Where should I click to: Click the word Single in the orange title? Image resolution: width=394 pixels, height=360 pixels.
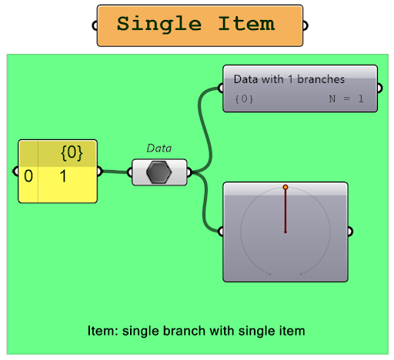(x=159, y=25)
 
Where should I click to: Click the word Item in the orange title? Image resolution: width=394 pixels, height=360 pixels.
(x=246, y=23)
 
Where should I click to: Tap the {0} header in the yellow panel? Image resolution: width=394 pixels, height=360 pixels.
(x=72, y=153)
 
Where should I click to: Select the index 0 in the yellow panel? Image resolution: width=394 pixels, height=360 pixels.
(x=28, y=176)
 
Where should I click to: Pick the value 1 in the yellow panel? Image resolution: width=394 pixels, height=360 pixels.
(x=63, y=176)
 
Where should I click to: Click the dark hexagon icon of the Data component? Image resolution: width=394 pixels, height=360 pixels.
(x=159, y=172)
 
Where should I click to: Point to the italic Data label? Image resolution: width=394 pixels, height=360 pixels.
(x=159, y=148)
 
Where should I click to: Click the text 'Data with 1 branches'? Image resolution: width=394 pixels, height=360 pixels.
(x=289, y=79)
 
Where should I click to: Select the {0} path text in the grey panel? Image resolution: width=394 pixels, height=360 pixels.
(x=244, y=99)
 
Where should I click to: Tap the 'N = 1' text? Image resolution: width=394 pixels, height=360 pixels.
(x=346, y=98)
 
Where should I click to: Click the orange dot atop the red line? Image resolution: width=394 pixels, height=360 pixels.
(x=285, y=187)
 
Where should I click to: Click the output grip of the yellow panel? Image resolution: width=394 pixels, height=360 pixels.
(x=100, y=172)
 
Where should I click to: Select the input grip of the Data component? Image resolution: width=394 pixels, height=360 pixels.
(x=129, y=172)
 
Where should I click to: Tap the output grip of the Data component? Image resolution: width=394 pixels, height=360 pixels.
(x=189, y=172)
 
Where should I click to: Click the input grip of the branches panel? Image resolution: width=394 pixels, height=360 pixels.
(x=221, y=88)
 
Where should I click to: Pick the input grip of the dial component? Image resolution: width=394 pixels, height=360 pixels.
(x=221, y=232)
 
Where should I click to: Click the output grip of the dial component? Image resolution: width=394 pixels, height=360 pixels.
(x=350, y=232)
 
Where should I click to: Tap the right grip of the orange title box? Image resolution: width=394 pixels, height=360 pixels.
(x=306, y=25)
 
